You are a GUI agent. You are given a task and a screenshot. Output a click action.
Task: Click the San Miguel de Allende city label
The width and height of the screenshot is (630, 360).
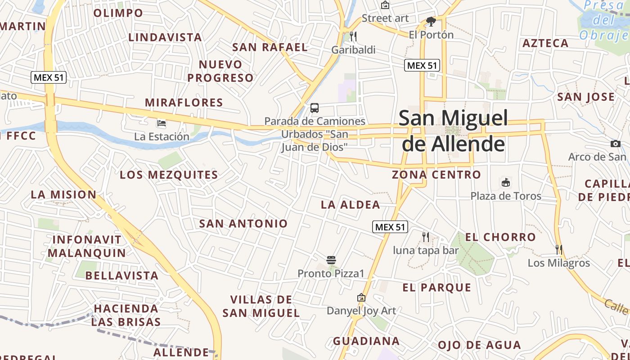(453, 131)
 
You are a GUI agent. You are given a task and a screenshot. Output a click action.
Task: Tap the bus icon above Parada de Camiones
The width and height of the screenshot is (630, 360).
(315, 108)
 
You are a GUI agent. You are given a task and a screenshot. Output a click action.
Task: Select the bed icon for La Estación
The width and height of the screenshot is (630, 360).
(162, 123)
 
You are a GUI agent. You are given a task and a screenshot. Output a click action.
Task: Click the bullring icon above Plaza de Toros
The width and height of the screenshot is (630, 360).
(506, 183)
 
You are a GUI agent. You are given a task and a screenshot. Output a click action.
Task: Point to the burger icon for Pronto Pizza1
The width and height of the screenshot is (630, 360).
(331, 260)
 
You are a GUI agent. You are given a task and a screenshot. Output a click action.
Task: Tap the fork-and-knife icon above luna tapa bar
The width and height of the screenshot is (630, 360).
(426, 237)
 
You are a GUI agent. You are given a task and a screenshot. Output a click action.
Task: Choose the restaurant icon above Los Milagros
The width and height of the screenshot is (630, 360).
(559, 249)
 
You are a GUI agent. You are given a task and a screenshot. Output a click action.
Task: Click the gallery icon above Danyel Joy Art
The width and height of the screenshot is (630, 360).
(361, 297)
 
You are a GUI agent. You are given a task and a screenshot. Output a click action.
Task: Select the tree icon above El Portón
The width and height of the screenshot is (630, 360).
(431, 22)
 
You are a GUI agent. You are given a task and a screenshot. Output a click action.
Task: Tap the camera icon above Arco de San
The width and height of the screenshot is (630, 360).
(615, 144)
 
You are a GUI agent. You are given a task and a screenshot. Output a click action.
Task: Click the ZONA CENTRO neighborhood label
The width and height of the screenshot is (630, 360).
(436, 175)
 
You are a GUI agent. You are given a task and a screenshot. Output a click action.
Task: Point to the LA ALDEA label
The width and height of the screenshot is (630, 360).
(351, 205)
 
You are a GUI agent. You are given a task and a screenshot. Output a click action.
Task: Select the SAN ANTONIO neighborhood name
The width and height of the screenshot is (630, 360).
(243, 223)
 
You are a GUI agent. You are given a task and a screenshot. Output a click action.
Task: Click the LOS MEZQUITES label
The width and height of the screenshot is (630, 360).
(169, 175)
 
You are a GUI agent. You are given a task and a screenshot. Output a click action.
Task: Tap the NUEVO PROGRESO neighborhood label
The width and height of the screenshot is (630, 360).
(220, 71)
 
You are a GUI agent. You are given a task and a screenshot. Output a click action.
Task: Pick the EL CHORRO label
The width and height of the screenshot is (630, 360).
(500, 237)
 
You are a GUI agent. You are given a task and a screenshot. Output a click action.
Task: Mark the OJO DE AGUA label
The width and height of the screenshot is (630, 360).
(479, 345)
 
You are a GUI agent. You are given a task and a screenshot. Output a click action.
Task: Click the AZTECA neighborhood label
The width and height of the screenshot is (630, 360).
(545, 43)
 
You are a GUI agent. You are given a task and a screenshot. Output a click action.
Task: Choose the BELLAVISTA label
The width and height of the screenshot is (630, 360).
(122, 275)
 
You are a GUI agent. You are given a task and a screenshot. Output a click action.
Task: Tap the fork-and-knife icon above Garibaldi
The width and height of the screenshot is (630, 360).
(353, 36)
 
